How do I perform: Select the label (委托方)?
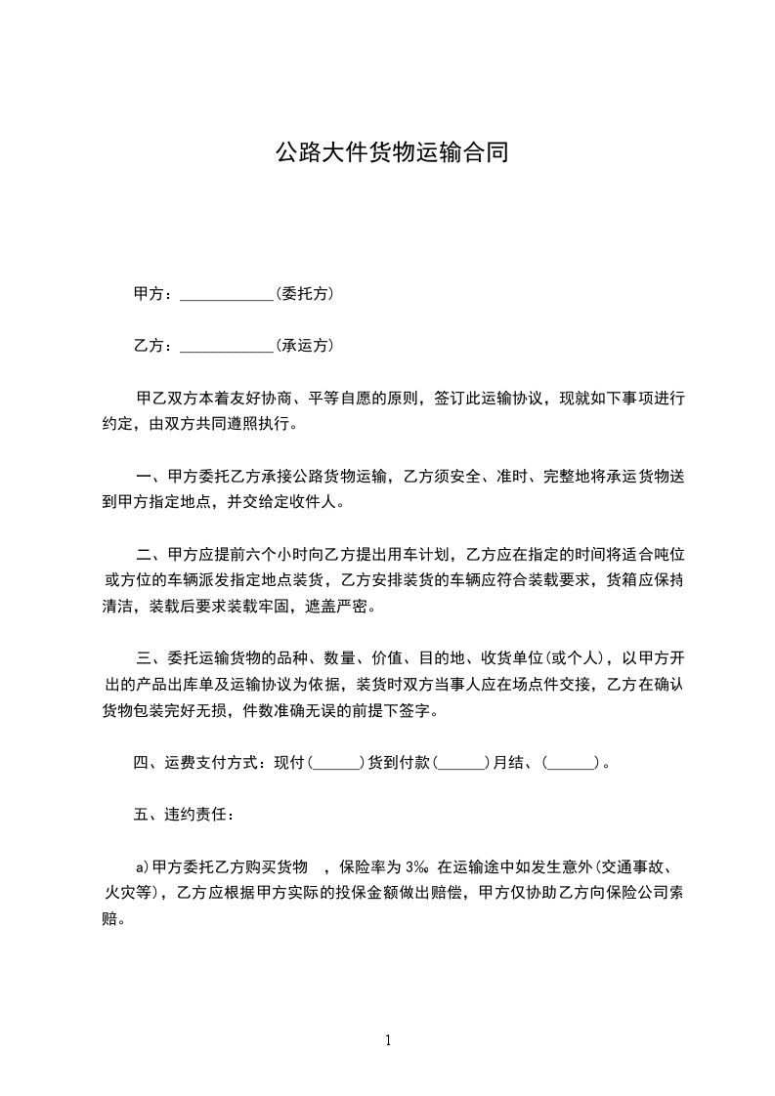304,293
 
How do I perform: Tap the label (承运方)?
304,346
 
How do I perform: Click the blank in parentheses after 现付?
337,763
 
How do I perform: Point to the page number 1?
388,1039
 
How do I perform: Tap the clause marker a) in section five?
143,866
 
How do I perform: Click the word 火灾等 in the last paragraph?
127,892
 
